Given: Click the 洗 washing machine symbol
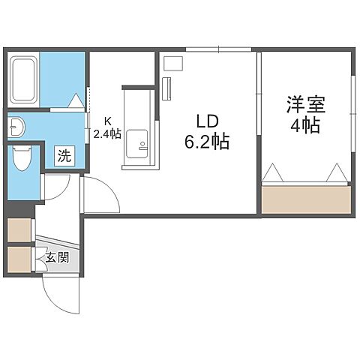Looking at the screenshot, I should coord(64,157).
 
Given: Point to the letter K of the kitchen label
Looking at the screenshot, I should coord(108,121).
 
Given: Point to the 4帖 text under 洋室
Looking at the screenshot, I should coord(305,125).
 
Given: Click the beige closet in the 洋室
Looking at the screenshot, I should coord(306,199).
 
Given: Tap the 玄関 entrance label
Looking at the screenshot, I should coord(57,258).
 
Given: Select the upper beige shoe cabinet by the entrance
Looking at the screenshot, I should coord(19,230).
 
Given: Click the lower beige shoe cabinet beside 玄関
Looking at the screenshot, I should coord(19,259).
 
